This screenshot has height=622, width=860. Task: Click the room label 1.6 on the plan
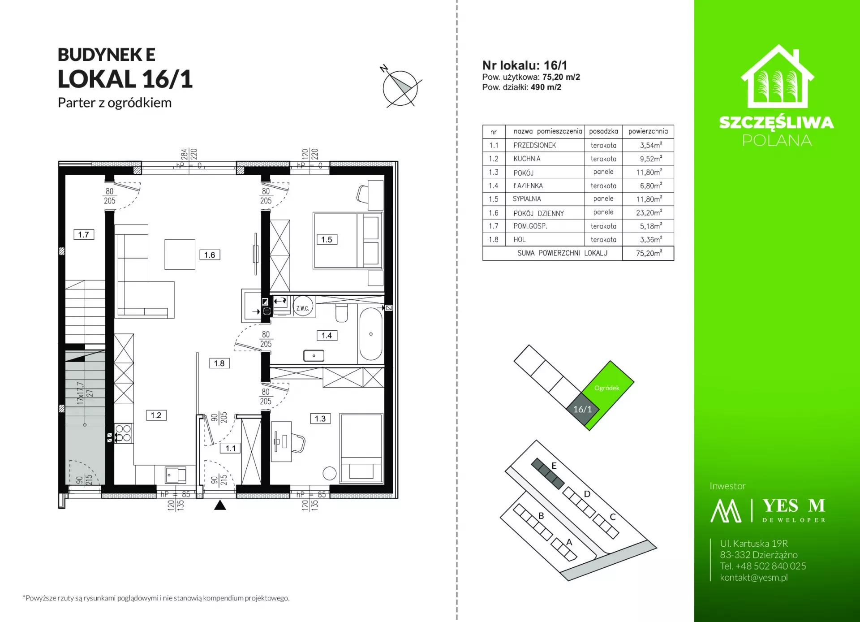(210, 255)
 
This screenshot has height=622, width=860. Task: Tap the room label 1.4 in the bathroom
(327, 335)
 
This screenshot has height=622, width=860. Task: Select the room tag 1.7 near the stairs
(84, 234)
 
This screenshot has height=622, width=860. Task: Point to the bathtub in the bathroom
(370, 334)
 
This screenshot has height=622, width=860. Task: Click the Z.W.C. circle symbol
(303, 307)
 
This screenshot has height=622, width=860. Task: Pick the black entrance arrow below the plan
(220, 505)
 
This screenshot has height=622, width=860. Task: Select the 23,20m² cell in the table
(649, 212)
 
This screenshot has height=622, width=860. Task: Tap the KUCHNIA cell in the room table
(527, 159)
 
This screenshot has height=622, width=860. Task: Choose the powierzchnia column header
(648, 131)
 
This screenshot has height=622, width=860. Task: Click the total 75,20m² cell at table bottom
(649, 253)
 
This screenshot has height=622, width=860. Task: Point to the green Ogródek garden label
(607, 388)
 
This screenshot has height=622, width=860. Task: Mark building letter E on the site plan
(554, 466)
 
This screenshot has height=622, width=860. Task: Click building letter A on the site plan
(569, 542)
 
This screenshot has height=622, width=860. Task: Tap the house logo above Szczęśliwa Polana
(778, 76)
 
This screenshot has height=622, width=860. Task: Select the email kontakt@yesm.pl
(754, 577)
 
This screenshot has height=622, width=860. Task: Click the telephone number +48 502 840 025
(771, 566)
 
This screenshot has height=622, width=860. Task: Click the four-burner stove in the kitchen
(123, 433)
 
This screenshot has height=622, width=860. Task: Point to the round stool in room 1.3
(330, 473)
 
